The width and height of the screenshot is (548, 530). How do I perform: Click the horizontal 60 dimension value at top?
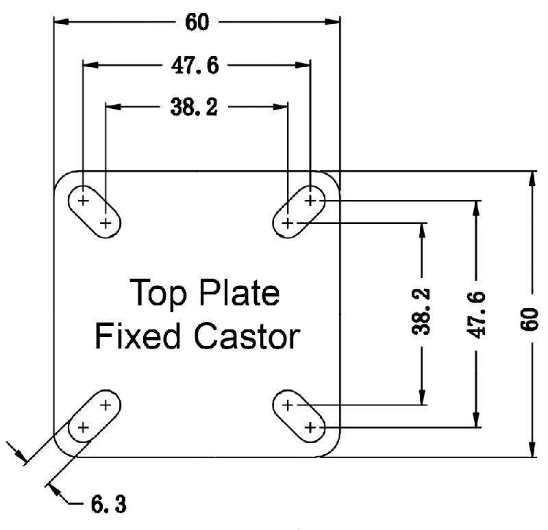197,22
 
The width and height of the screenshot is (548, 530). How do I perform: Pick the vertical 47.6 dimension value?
477,314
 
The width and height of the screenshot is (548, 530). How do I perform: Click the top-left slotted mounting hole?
95,212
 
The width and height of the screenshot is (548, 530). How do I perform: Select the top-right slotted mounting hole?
299,212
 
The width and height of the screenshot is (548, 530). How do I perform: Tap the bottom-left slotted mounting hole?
95,416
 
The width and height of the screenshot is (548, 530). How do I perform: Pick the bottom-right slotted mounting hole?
299,416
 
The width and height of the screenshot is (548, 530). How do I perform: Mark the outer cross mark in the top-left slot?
84,201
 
